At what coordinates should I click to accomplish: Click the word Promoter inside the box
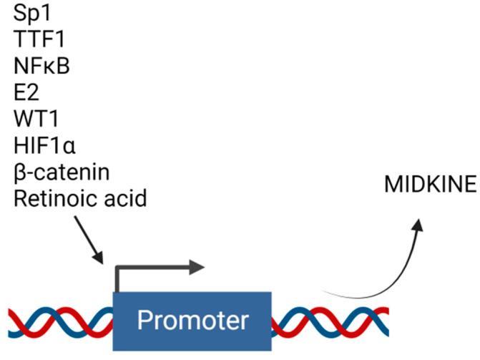(193, 320)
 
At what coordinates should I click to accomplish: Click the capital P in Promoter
(145, 320)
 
